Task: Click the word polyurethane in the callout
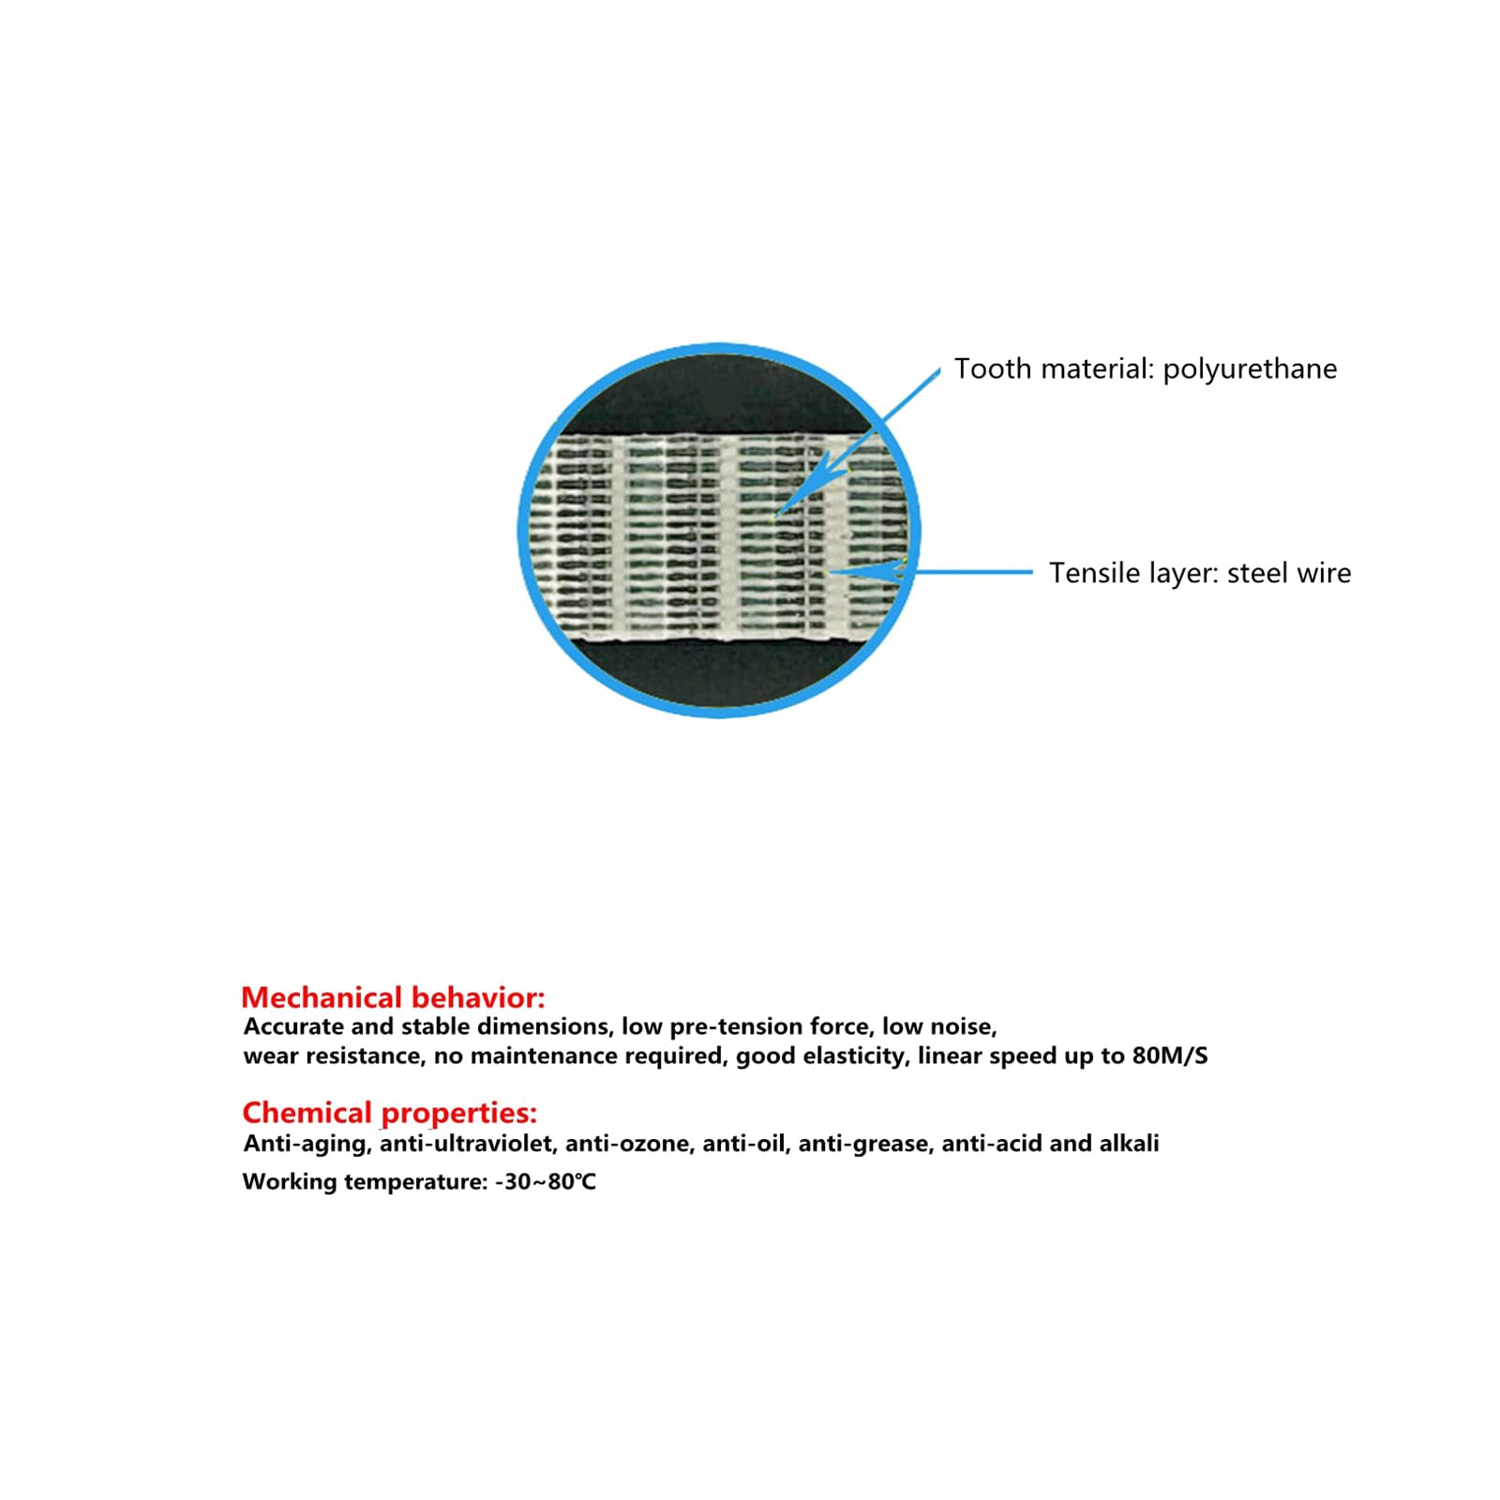[1250, 369]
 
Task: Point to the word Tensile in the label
[1088, 573]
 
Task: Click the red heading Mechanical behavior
[393, 997]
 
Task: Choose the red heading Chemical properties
[389, 1113]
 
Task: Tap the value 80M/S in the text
[1170, 1056]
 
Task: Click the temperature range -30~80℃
[546, 1181]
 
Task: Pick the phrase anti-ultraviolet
[466, 1144]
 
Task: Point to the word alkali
[1129, 1143]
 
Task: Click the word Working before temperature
[289, 1181]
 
